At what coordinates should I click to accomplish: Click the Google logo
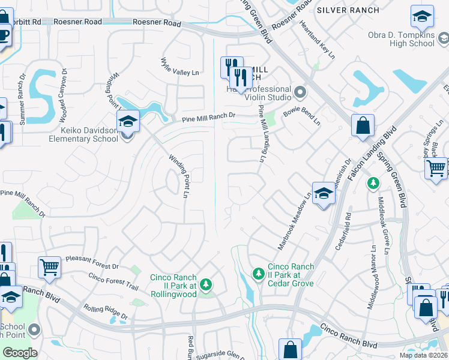(x=19, y=353)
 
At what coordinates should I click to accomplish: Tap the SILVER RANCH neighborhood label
(x=348, y=10)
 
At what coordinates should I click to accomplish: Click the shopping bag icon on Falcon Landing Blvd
(x=363, y=127)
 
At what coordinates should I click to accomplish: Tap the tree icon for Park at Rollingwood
(x=206, y=284)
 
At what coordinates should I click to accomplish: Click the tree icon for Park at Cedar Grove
(x=259, y=274)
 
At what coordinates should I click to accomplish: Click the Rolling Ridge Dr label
(x=106, y=311)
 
